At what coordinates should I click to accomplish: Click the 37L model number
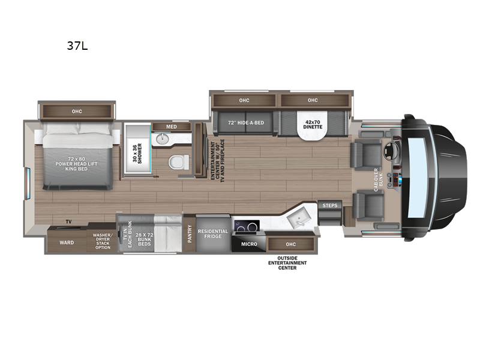[x=77, y=46]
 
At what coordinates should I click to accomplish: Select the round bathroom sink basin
[x=162, y=139]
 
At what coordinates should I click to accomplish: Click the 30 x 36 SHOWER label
[x=137, y=154]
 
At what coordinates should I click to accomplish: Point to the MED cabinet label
[x=172, y=127]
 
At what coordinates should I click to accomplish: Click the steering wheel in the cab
[x=391, y=150]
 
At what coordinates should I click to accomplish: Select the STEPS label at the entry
[x=329, y=205]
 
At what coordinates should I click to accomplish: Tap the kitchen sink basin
[x=299, y=217]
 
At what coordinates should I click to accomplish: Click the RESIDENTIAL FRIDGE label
[x=213, y=233]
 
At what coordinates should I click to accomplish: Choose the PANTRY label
[x=190, y=234]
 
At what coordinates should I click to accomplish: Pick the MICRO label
[x=249, y=244]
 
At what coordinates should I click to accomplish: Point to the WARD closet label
[x=67, y=242]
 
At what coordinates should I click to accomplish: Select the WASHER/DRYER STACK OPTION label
[x=103, y=241]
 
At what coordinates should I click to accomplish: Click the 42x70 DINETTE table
[x=313, y=125]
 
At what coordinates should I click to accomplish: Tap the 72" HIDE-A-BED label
[x=246, y=122]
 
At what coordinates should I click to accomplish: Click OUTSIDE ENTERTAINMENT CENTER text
[x=287, y=263]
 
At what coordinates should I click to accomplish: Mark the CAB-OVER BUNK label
[x=379, y=179]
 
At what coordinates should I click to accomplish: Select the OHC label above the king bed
[x=77, y=112]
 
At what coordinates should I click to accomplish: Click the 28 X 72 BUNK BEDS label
[x=144, y=239]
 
